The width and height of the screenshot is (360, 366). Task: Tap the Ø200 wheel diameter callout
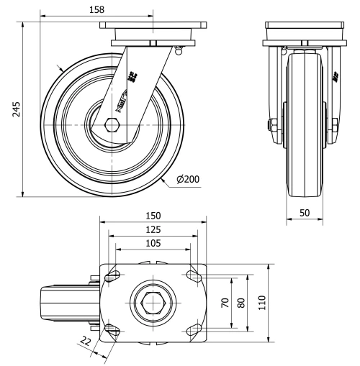[x=188, y=180]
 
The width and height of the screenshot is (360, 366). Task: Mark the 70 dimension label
[x=225, y=303]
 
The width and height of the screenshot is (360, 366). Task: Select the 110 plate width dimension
[x=262, y=303]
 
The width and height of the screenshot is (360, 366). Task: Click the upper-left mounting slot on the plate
[x=113, y=277]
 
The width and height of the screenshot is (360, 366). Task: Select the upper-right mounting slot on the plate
[x=192, y=277]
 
